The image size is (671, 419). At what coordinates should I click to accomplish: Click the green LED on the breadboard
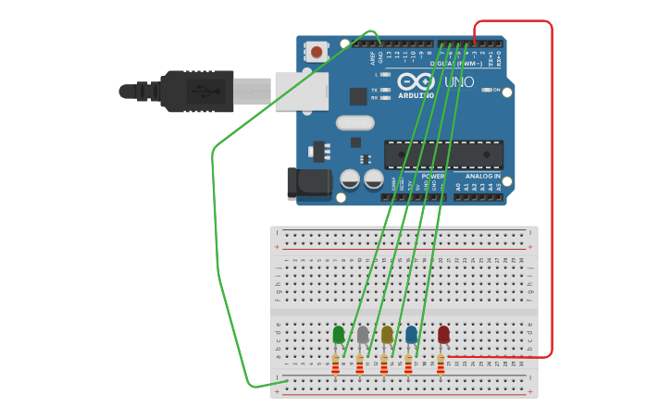pyautogui.click(x=339, y=335)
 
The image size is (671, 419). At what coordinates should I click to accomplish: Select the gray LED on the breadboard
pyautogui.click(x=363, y=335)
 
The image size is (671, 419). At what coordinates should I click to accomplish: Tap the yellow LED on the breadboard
pyautogui.click(x=387, y=335)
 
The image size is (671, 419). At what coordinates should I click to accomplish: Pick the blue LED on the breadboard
pyautogui.click(x=411, y=335)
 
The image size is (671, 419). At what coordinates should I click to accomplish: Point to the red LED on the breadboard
pyautogui.click(x=443, y=334)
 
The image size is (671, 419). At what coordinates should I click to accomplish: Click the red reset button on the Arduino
pyautogui.click(x=317, y=53)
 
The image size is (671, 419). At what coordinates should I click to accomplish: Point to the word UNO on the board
pyautogui.click(x=459, y=82)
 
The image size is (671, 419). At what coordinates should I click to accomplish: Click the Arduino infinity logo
pyautogui.click(x=416, y=81)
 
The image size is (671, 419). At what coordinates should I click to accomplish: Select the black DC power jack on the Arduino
pyautogui.click(x=309, y=183)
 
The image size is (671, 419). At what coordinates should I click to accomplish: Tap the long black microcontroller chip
pyautogui.click(x=443, y=154)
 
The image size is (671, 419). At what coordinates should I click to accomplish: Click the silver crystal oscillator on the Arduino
pyautogui.click(x=355, y=123)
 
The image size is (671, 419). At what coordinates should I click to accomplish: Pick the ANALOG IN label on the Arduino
pyautogui.click(x=482, y=176)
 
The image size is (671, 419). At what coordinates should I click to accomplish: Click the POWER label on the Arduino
pyautogui.click(x=432, y=176)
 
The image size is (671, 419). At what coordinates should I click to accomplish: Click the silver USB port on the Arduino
pyautogui.click(x=301, y=92)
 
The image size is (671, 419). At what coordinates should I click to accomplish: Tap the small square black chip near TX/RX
pyautogui.click(x=358, y=96)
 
